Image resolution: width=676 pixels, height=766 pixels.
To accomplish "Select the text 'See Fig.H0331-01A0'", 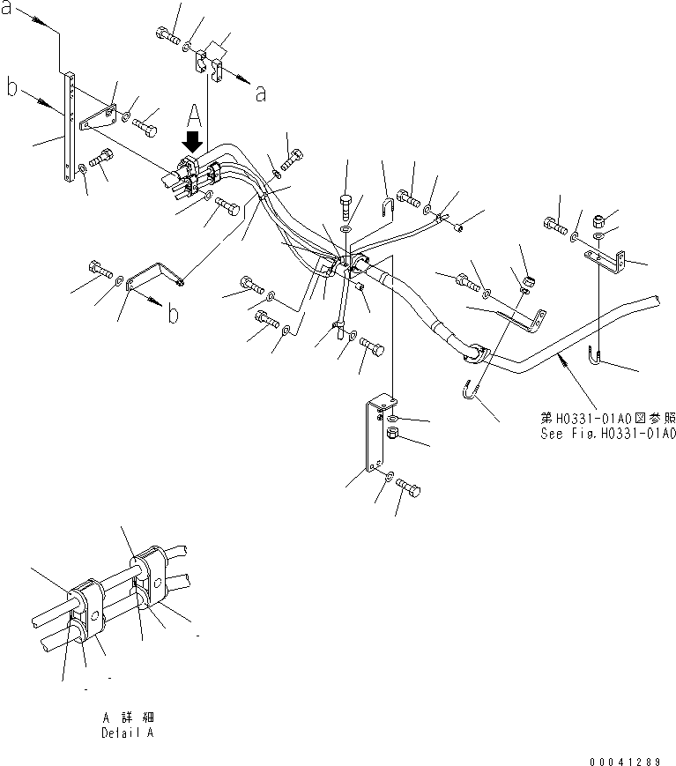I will coord(608,434).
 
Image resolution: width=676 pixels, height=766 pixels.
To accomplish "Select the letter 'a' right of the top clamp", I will coord(260,93).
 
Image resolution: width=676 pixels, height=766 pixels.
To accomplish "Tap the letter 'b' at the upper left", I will coord(12,89).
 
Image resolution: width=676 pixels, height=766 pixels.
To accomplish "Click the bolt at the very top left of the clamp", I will coord(166,34).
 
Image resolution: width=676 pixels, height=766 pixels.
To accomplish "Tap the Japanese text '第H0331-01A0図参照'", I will coord(608,419).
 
